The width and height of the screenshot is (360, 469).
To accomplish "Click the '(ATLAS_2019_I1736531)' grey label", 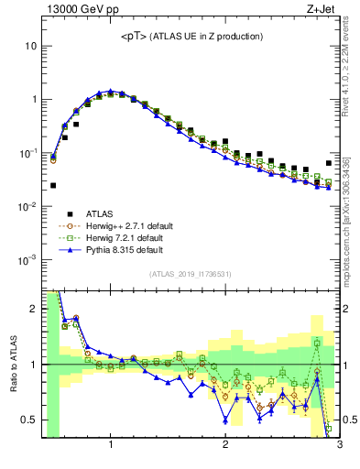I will click(x=190, y=274).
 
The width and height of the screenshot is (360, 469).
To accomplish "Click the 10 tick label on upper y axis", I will click(x=30, y=46).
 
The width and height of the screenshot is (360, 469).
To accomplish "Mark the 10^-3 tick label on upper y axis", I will click(x=27, y=260).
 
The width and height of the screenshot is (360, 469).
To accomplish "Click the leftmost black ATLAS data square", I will click(x=53, y=185).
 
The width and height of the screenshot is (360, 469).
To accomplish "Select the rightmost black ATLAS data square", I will click(x=329, y=163).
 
